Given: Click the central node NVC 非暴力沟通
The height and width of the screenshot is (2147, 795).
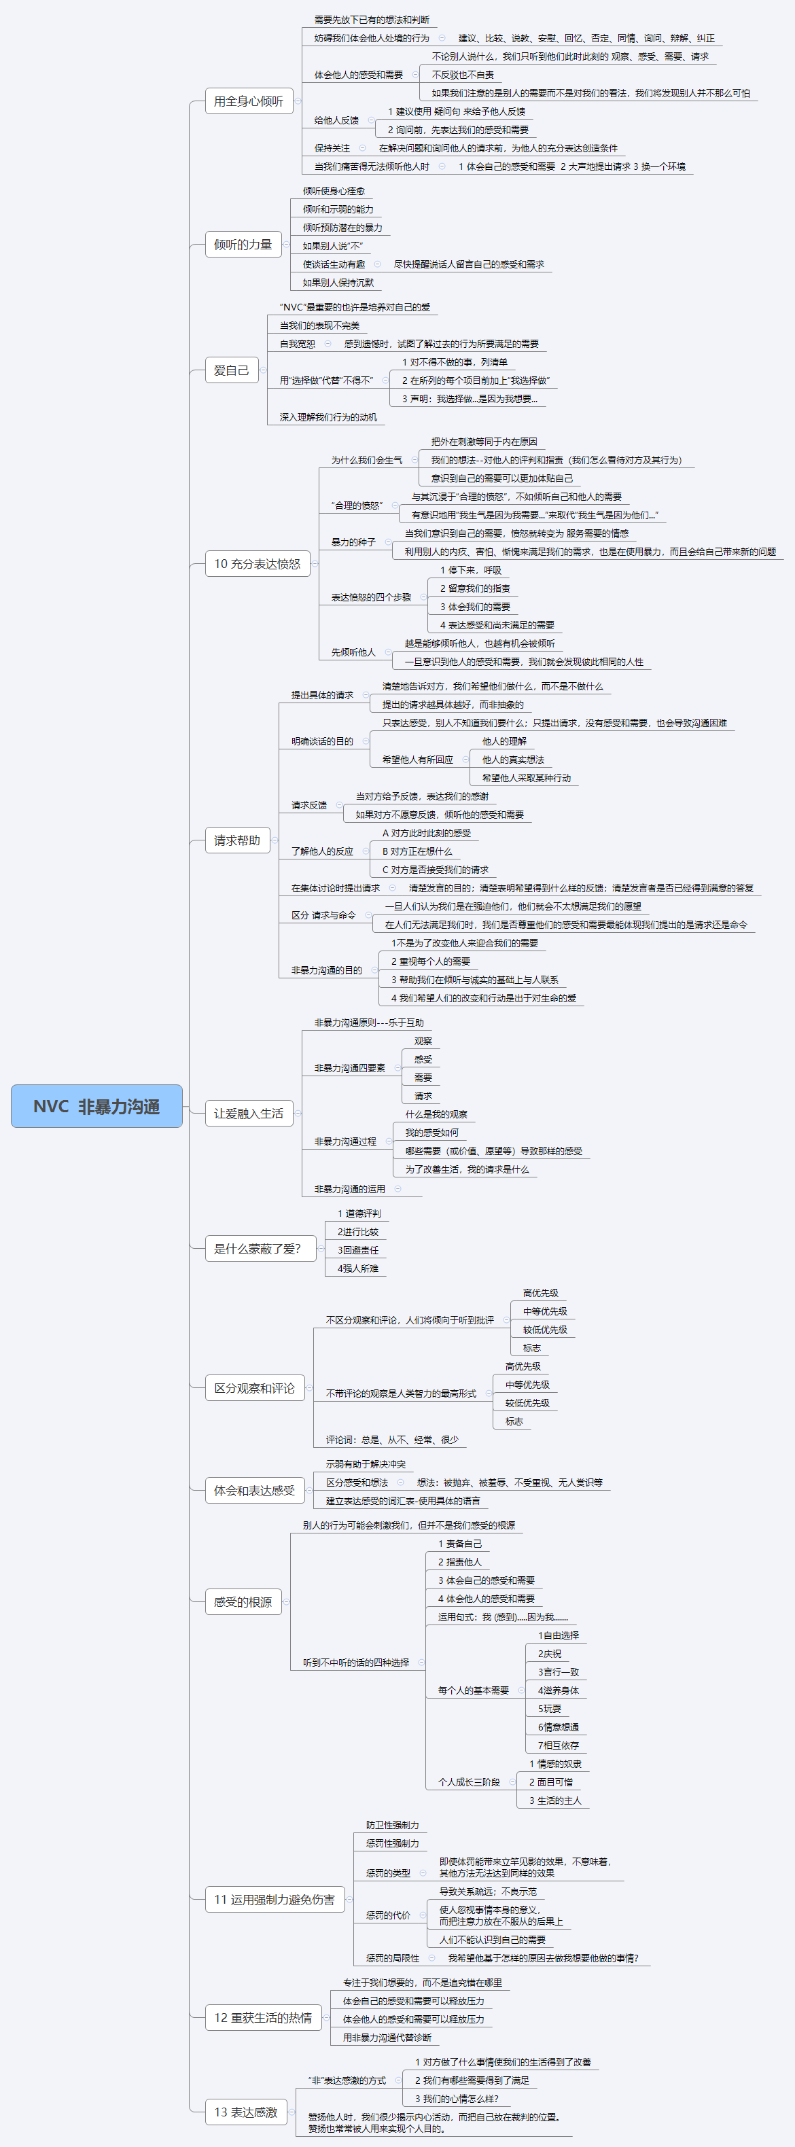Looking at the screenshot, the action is click(96, 1106).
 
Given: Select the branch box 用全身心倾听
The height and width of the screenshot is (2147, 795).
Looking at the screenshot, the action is click(248, 101).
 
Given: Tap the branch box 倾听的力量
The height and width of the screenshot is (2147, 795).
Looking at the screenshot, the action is click(243, 244).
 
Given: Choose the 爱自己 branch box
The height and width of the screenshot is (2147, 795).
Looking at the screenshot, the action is click(231, 370).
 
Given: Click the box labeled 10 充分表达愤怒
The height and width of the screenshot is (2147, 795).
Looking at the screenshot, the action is click(257, 563).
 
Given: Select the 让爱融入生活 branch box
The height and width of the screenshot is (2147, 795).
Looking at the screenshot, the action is click(248, 1113).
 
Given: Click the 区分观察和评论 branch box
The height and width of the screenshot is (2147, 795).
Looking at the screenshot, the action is click(254, 1387).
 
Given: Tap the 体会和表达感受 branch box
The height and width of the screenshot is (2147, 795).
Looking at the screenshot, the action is click(254, 1490).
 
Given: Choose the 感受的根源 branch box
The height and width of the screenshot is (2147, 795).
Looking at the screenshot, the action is click(243, 1602).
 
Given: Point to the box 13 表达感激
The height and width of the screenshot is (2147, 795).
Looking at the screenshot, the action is click(246, 2111).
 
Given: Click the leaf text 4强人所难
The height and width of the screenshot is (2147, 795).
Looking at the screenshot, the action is click(357, 1268).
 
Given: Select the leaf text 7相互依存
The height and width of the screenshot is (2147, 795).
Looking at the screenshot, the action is click(557, 1745).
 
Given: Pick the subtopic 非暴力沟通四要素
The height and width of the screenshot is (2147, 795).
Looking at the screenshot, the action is click(349, 1067).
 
